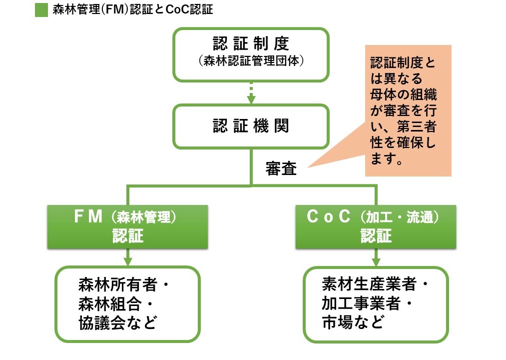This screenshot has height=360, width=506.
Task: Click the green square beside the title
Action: pos(41,9)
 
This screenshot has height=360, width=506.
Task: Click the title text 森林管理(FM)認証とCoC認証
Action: pos(132,9)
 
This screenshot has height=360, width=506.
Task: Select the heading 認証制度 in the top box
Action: pos(251,44)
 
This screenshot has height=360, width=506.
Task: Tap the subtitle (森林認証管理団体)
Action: pos(251,61)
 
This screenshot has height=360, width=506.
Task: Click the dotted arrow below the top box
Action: pos(251,92)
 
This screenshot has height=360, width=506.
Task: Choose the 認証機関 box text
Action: pos(251,126)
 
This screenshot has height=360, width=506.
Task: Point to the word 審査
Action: pos(281,169)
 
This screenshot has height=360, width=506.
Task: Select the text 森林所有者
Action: pos(118,285)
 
